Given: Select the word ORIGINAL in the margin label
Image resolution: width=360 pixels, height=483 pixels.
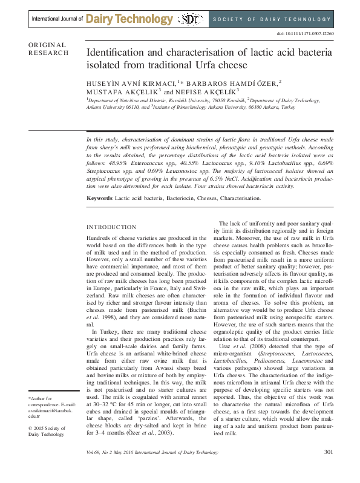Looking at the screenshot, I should point(47,45).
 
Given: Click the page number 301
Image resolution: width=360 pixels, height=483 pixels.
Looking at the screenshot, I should point(329,469).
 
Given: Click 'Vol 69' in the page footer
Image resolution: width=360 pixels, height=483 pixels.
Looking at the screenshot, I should point(93,470).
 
